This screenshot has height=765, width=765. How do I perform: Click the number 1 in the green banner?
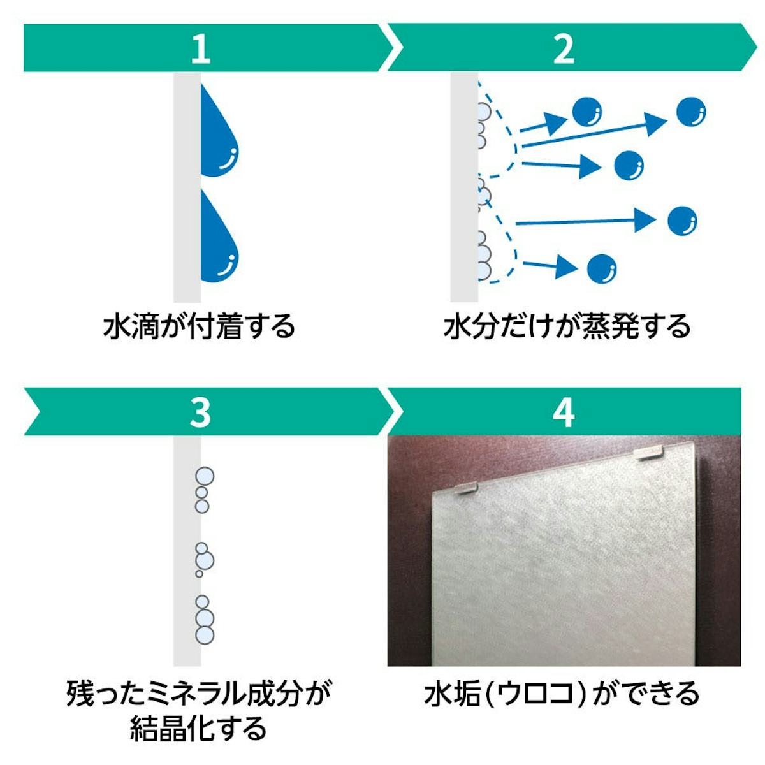pyautogui.click(x=200, y=49)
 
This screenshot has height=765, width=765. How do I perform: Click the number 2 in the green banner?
pyautogui.click(x=564, y=49)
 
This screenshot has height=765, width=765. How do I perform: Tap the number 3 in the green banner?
pyautogui.click(x=200, y=412)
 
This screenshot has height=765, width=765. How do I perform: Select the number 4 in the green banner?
pyautogui.click(x=564, y=412)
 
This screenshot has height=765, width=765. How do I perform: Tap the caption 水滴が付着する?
pyautogui.click(x=199, y=326)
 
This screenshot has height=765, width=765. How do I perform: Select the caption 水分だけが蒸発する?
pyautogui.click(x=567, y=326)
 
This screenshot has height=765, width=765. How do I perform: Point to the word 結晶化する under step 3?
pyautogui.click(x=199, y=728)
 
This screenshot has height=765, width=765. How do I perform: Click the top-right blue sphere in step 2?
pyautogui.click(x=690, y=112)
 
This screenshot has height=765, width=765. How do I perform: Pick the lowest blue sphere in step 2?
pyautogui.click(x=602, y=268)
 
